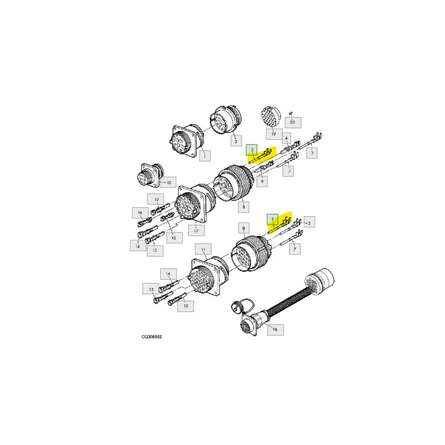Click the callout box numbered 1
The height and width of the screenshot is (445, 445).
point(204,154)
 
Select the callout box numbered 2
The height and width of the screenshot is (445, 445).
point(234,139)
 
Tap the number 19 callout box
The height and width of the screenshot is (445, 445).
point(273,134)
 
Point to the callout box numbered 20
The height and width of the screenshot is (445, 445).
point(292,121)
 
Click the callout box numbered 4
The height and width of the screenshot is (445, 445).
point(287,138)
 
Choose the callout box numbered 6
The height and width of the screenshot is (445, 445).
point(261,182)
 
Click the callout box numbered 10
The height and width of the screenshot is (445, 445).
point(167,182)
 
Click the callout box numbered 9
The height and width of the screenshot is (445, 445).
point(242,227)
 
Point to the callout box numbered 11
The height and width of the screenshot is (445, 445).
point(203,249)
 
